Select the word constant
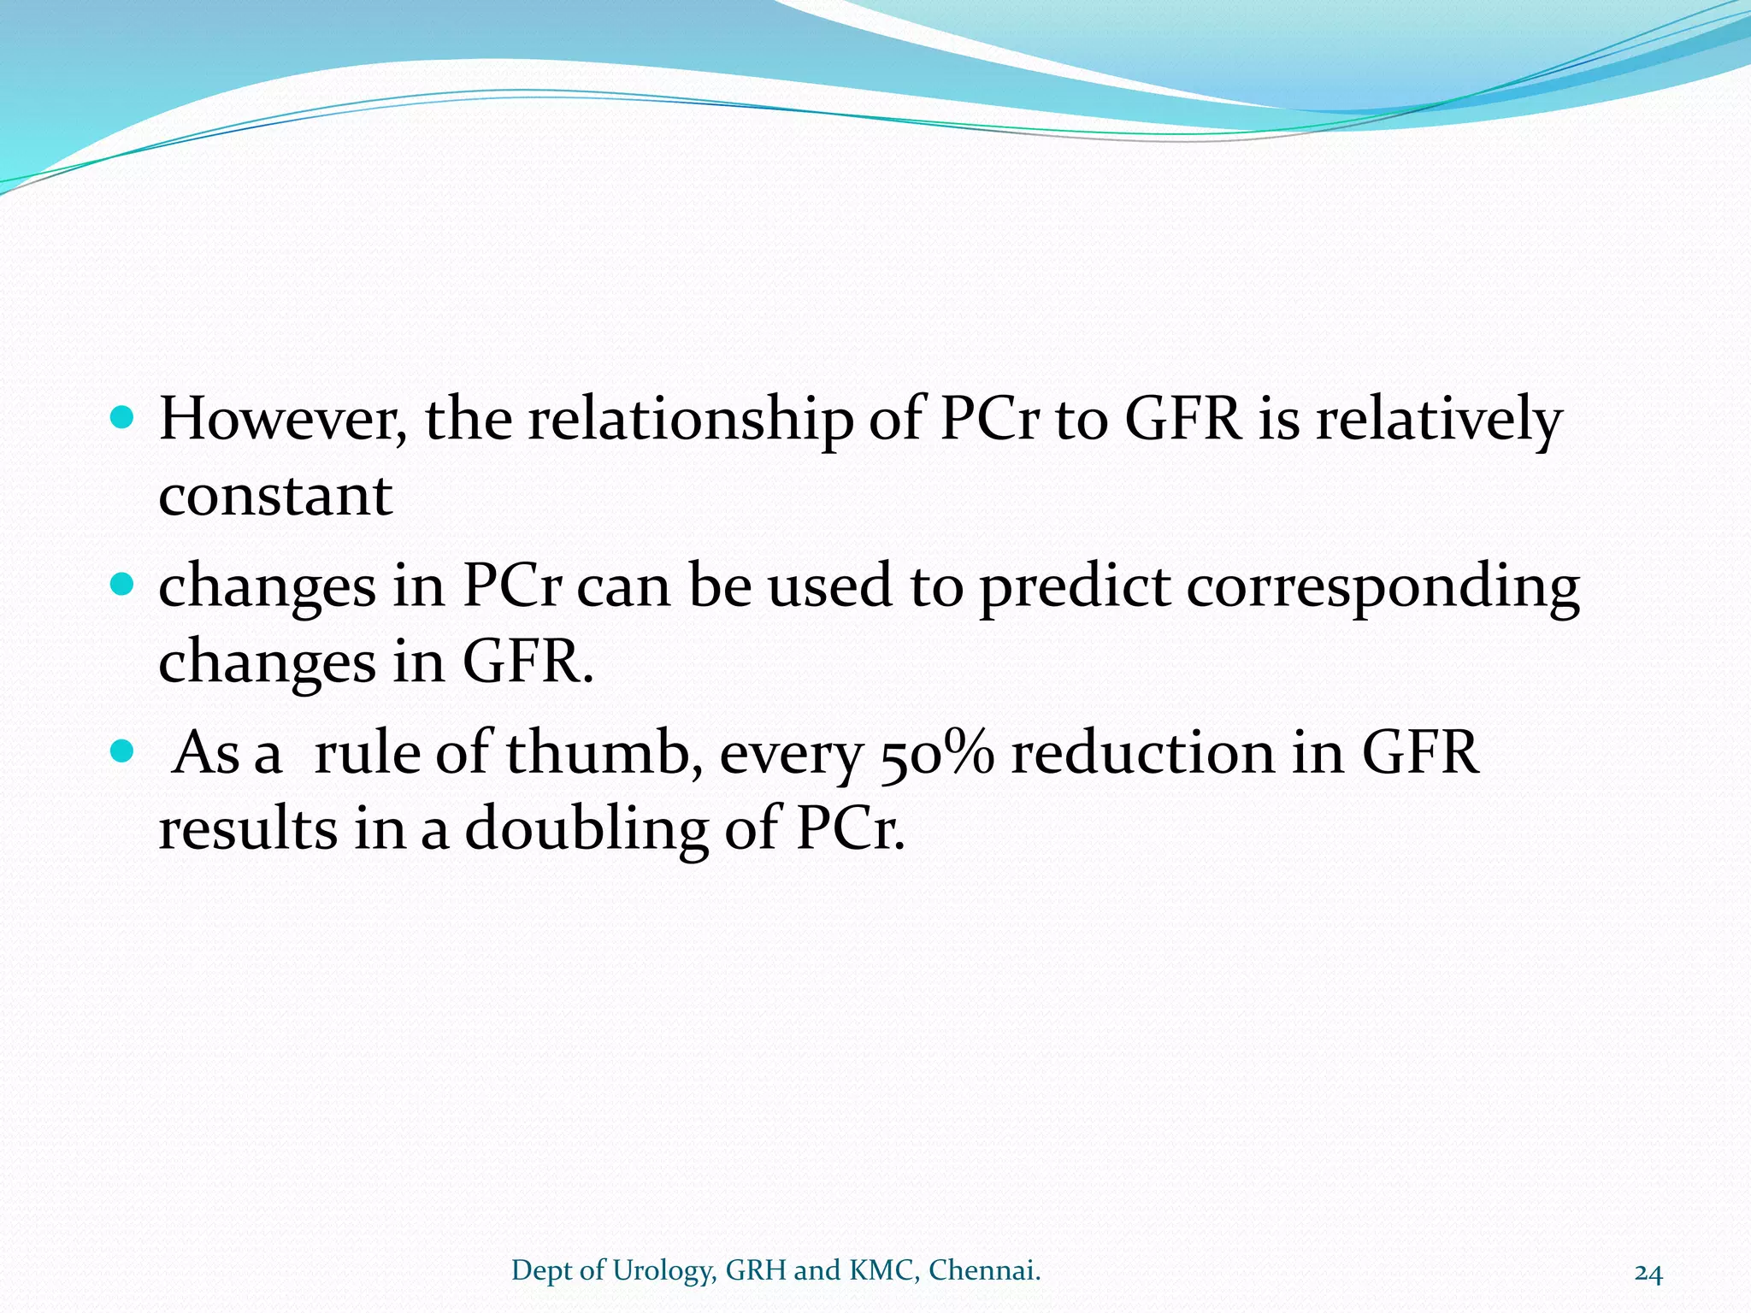(x=275, y=495)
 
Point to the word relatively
(x=1438, y=420)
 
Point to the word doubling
(x=586, y=829)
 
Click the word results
(x=248, y=829)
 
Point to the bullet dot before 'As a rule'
(x=123, y=751)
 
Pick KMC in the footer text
(x=884, y=1271)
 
